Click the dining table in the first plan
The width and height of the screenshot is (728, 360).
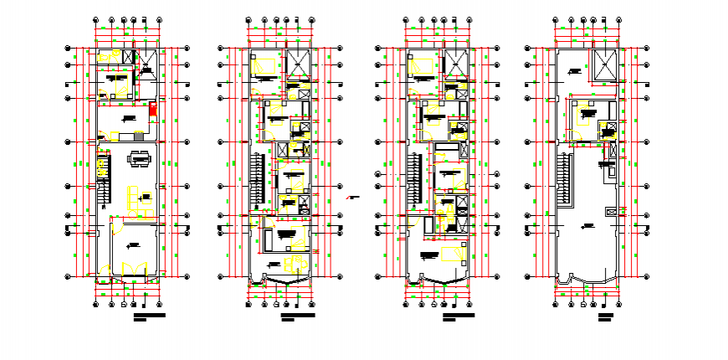139,157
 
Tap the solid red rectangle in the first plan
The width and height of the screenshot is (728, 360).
152,111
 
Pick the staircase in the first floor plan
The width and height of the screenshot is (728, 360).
102,179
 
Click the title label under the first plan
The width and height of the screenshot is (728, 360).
149,316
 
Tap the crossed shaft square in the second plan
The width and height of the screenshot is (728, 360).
298,64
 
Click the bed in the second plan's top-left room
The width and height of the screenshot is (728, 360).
267,64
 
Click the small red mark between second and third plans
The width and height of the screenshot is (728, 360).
353,198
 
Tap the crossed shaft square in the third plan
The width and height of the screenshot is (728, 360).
455,64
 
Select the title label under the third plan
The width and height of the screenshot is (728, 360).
458,316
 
